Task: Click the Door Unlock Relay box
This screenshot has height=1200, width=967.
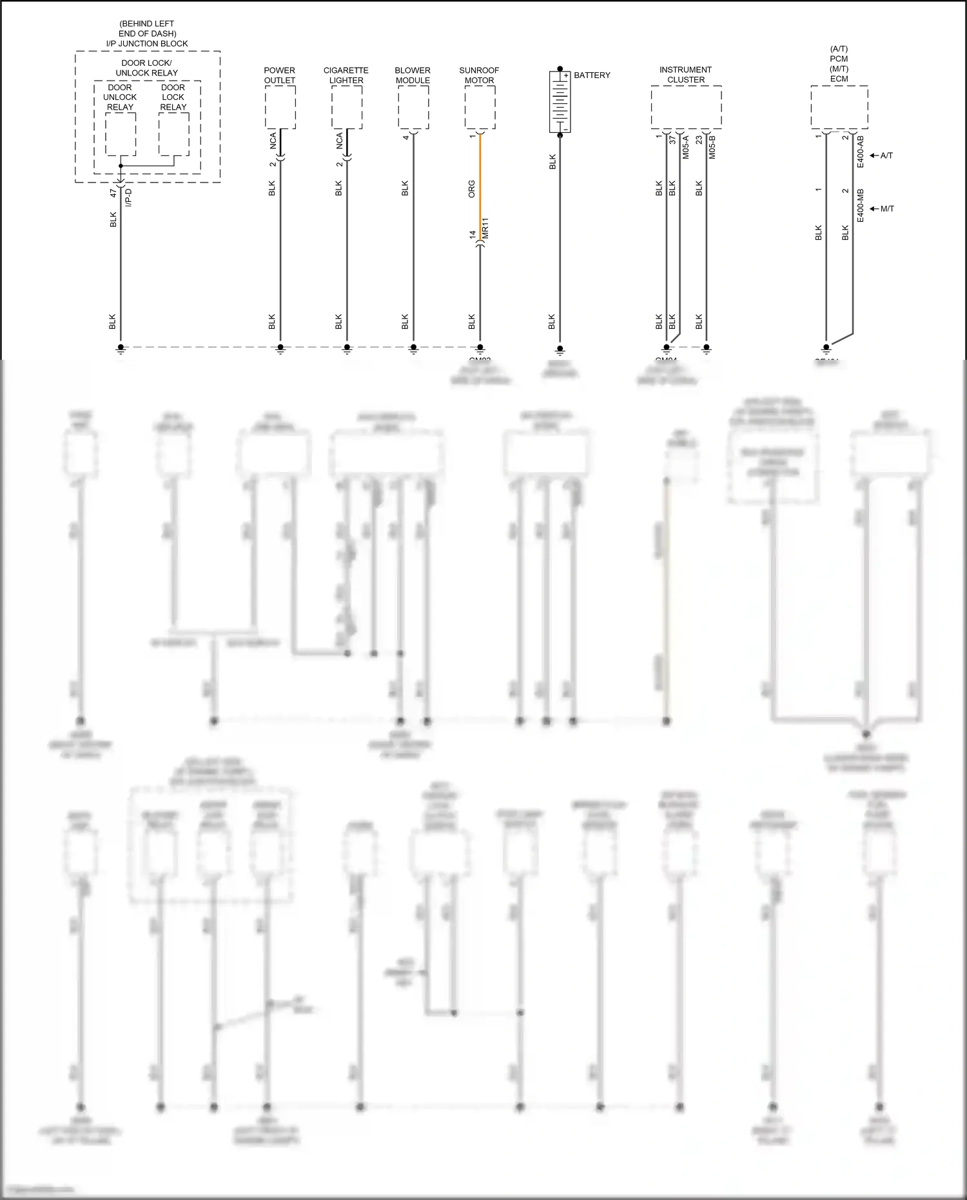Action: click(121, 134)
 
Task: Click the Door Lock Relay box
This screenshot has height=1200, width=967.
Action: click(174, 134)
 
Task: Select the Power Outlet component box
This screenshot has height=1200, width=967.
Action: click(280, 107)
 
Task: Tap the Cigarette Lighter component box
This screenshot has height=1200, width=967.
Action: click(347, 107)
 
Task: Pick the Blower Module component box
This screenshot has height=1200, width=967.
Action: click(413, 107)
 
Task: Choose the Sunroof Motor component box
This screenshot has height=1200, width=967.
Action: click(480, 107)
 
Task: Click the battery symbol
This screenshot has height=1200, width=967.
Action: click(560, 101)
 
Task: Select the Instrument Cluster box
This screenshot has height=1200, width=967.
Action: click(686, 107)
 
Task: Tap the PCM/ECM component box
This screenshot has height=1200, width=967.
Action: click(839, 107)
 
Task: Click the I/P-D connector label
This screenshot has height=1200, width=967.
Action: click(128, 197)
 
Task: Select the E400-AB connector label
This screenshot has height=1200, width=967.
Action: click(860, 152)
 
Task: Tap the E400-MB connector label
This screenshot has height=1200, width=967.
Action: click(860, 206)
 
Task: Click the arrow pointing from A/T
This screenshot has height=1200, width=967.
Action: click(874, 155)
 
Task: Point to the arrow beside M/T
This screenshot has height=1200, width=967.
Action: click(874, 209)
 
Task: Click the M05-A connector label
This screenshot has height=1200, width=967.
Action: click(686, 147)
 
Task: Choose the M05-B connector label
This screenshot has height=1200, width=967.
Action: click(712, 147)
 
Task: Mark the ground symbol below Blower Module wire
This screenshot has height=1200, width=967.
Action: click(413, 350)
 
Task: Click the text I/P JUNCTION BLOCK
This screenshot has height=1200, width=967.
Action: click(147, 44)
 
